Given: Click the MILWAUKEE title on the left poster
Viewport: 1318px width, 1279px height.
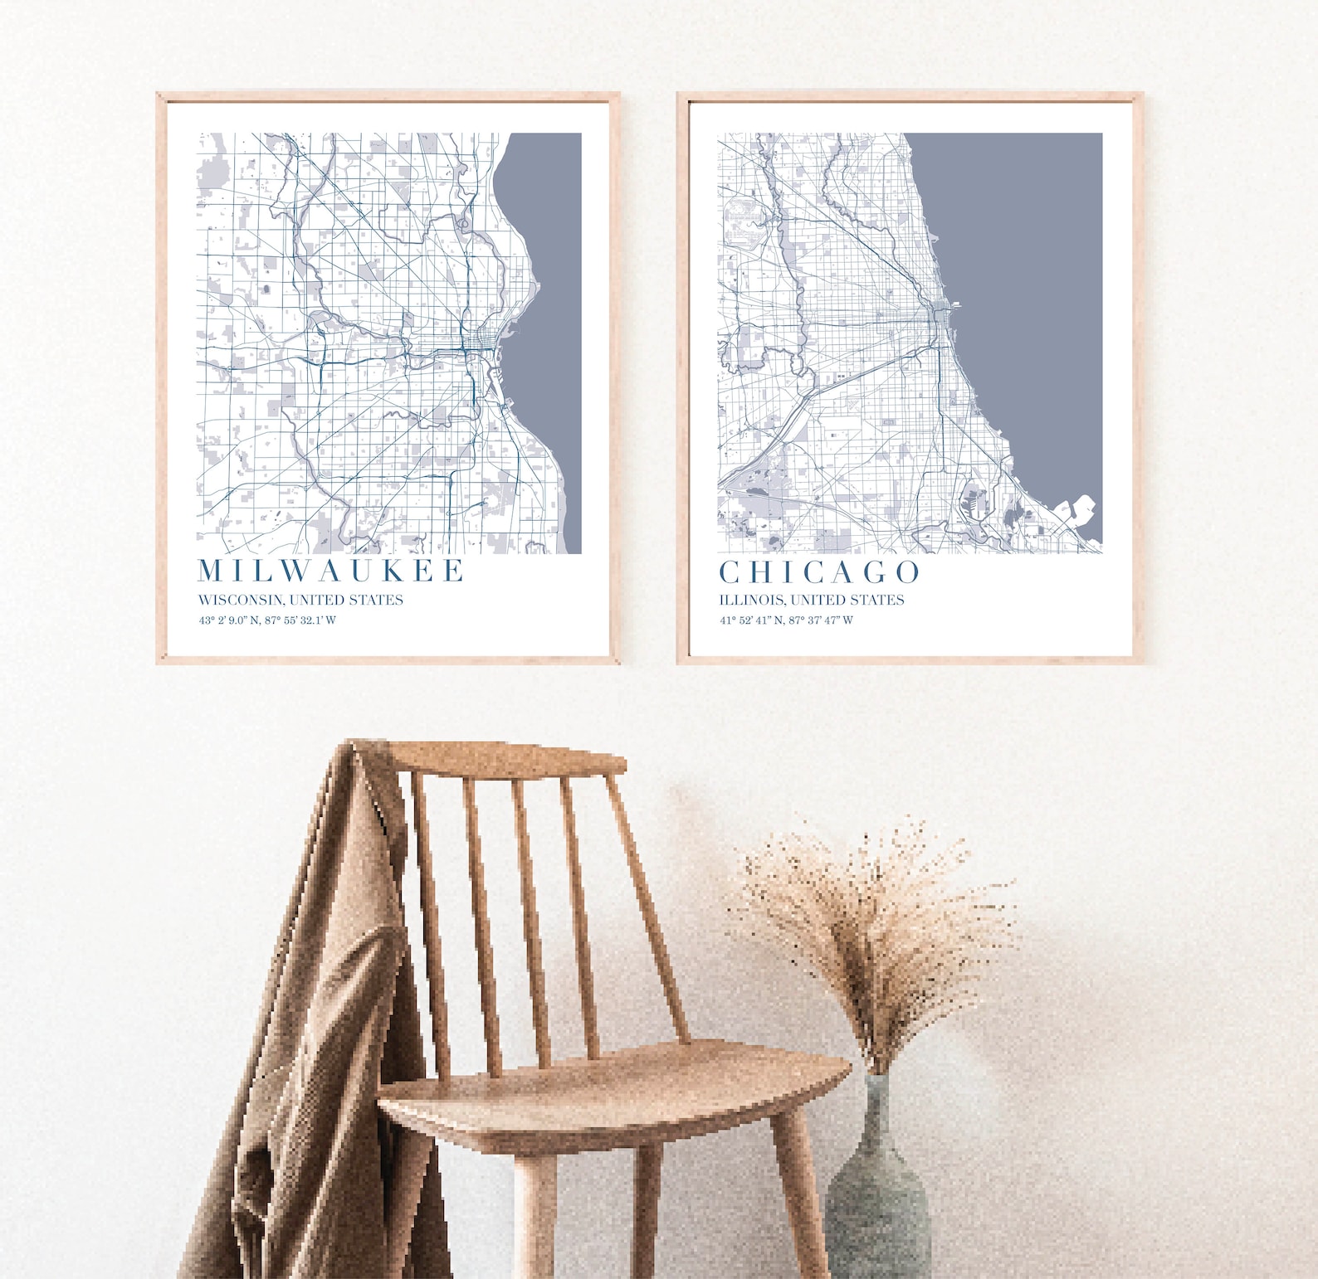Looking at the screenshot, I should click(330, 571).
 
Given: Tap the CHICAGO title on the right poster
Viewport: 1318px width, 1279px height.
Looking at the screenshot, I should click(819, 572).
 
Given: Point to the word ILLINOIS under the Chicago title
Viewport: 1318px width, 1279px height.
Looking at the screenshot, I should click(751, 600).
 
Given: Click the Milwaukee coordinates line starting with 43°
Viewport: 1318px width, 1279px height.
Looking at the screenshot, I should click(267, 620).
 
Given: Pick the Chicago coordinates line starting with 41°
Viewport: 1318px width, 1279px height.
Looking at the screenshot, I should click(786, 620).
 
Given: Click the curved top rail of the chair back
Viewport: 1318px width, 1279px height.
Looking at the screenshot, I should click(506, 759).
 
